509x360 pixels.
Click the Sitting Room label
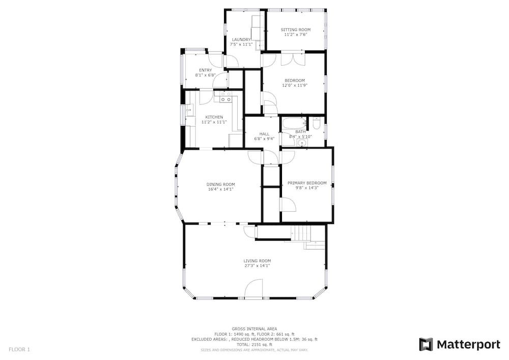[x=295, y=30]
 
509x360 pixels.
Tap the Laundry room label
[x=241, y=40]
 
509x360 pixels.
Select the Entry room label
[x=206, y=70]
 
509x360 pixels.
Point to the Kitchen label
[x=214, y=117]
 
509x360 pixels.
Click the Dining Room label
[x=221, y=184]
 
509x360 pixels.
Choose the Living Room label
[x=257, y=261]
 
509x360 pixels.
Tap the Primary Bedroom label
[x=307, y=183]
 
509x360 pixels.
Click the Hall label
[x=264, y=134]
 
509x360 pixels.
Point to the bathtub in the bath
[x=294, y=124]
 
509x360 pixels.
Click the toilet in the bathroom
[x=317, y=123]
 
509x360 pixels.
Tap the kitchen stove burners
[x=226, y=97]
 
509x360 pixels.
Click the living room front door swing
[x=253, y=288]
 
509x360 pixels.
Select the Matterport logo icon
[x=426, y=344]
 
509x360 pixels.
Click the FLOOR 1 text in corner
[x=19, y=350]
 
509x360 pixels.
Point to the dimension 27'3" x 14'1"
[x=257, y=265]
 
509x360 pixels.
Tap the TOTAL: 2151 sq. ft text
[x=254, y=345]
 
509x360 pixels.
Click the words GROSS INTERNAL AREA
[x=254, y=329]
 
